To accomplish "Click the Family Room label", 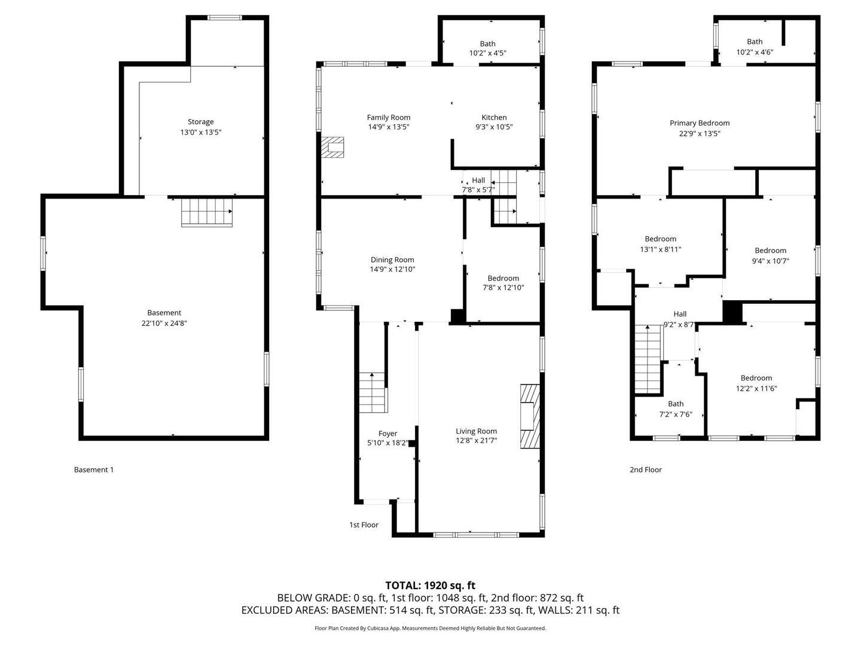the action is (388, 117).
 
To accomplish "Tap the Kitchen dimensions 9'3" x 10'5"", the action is (494, 127).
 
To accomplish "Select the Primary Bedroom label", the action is (700, 123).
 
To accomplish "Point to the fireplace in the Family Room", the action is (332, 147).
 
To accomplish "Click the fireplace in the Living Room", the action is (530, 416).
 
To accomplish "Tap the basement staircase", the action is (207, 212).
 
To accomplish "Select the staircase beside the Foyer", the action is (373, 392).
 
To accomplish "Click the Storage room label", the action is (200, 121).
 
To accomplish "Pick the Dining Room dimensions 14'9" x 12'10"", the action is (392, 269).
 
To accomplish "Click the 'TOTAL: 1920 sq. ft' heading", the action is (430, 586).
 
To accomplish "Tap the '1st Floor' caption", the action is (364, 525).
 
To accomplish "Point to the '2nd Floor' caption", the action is (646, 470).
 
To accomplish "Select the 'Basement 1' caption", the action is (94, 470).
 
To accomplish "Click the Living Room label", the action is (476, 431).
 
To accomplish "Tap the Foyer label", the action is (387, 434).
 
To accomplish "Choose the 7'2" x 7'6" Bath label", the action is (676, 404).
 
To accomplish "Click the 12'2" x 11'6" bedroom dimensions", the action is (756, 388).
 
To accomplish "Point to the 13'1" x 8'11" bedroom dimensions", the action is (661, 249).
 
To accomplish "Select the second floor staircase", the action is (648, 359).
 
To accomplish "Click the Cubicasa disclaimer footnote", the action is (430, 628).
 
